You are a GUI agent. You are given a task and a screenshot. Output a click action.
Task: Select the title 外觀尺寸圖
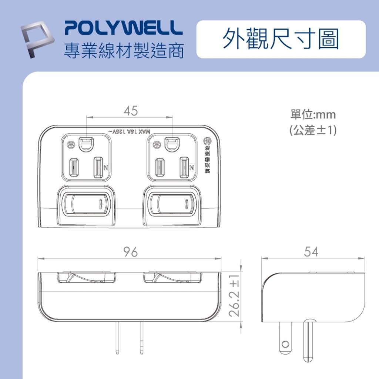coord(281,39)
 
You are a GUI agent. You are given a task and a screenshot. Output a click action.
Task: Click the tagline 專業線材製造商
coord(124,50)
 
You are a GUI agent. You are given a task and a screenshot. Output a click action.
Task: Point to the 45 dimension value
coord(130,111)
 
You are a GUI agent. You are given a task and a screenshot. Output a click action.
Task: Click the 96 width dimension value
coord(130,252)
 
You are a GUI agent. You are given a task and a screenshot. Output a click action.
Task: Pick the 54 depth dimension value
coord(311,252)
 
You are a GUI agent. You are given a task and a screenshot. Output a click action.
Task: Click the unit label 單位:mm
coord(313,115)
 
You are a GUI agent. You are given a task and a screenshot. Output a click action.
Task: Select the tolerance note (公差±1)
coord(313,130)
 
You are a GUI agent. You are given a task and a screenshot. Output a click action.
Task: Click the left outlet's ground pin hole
coord(86,145)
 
